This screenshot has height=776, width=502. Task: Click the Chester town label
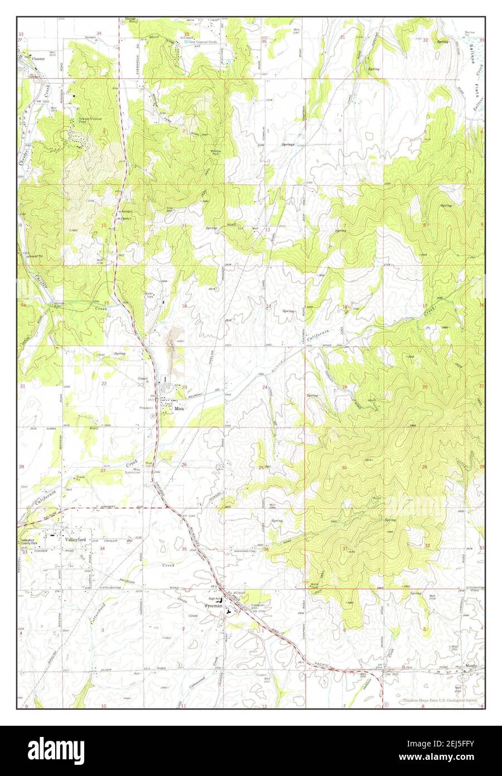point(38,59)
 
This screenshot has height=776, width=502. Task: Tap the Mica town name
point(178,408)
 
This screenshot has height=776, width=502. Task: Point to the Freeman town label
point(214,605)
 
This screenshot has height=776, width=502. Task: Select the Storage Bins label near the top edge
point(131,21)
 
